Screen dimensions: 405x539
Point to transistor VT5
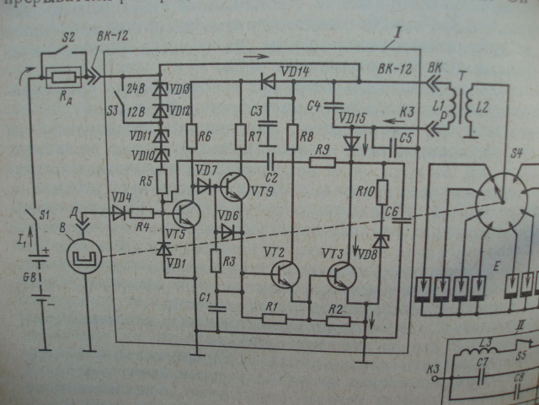[x=187, y=214]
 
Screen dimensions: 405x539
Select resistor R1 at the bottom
[x=271, y=318]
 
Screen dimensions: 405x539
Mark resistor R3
[x=216, y=261]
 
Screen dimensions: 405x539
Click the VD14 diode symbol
[x=269, y=82]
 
